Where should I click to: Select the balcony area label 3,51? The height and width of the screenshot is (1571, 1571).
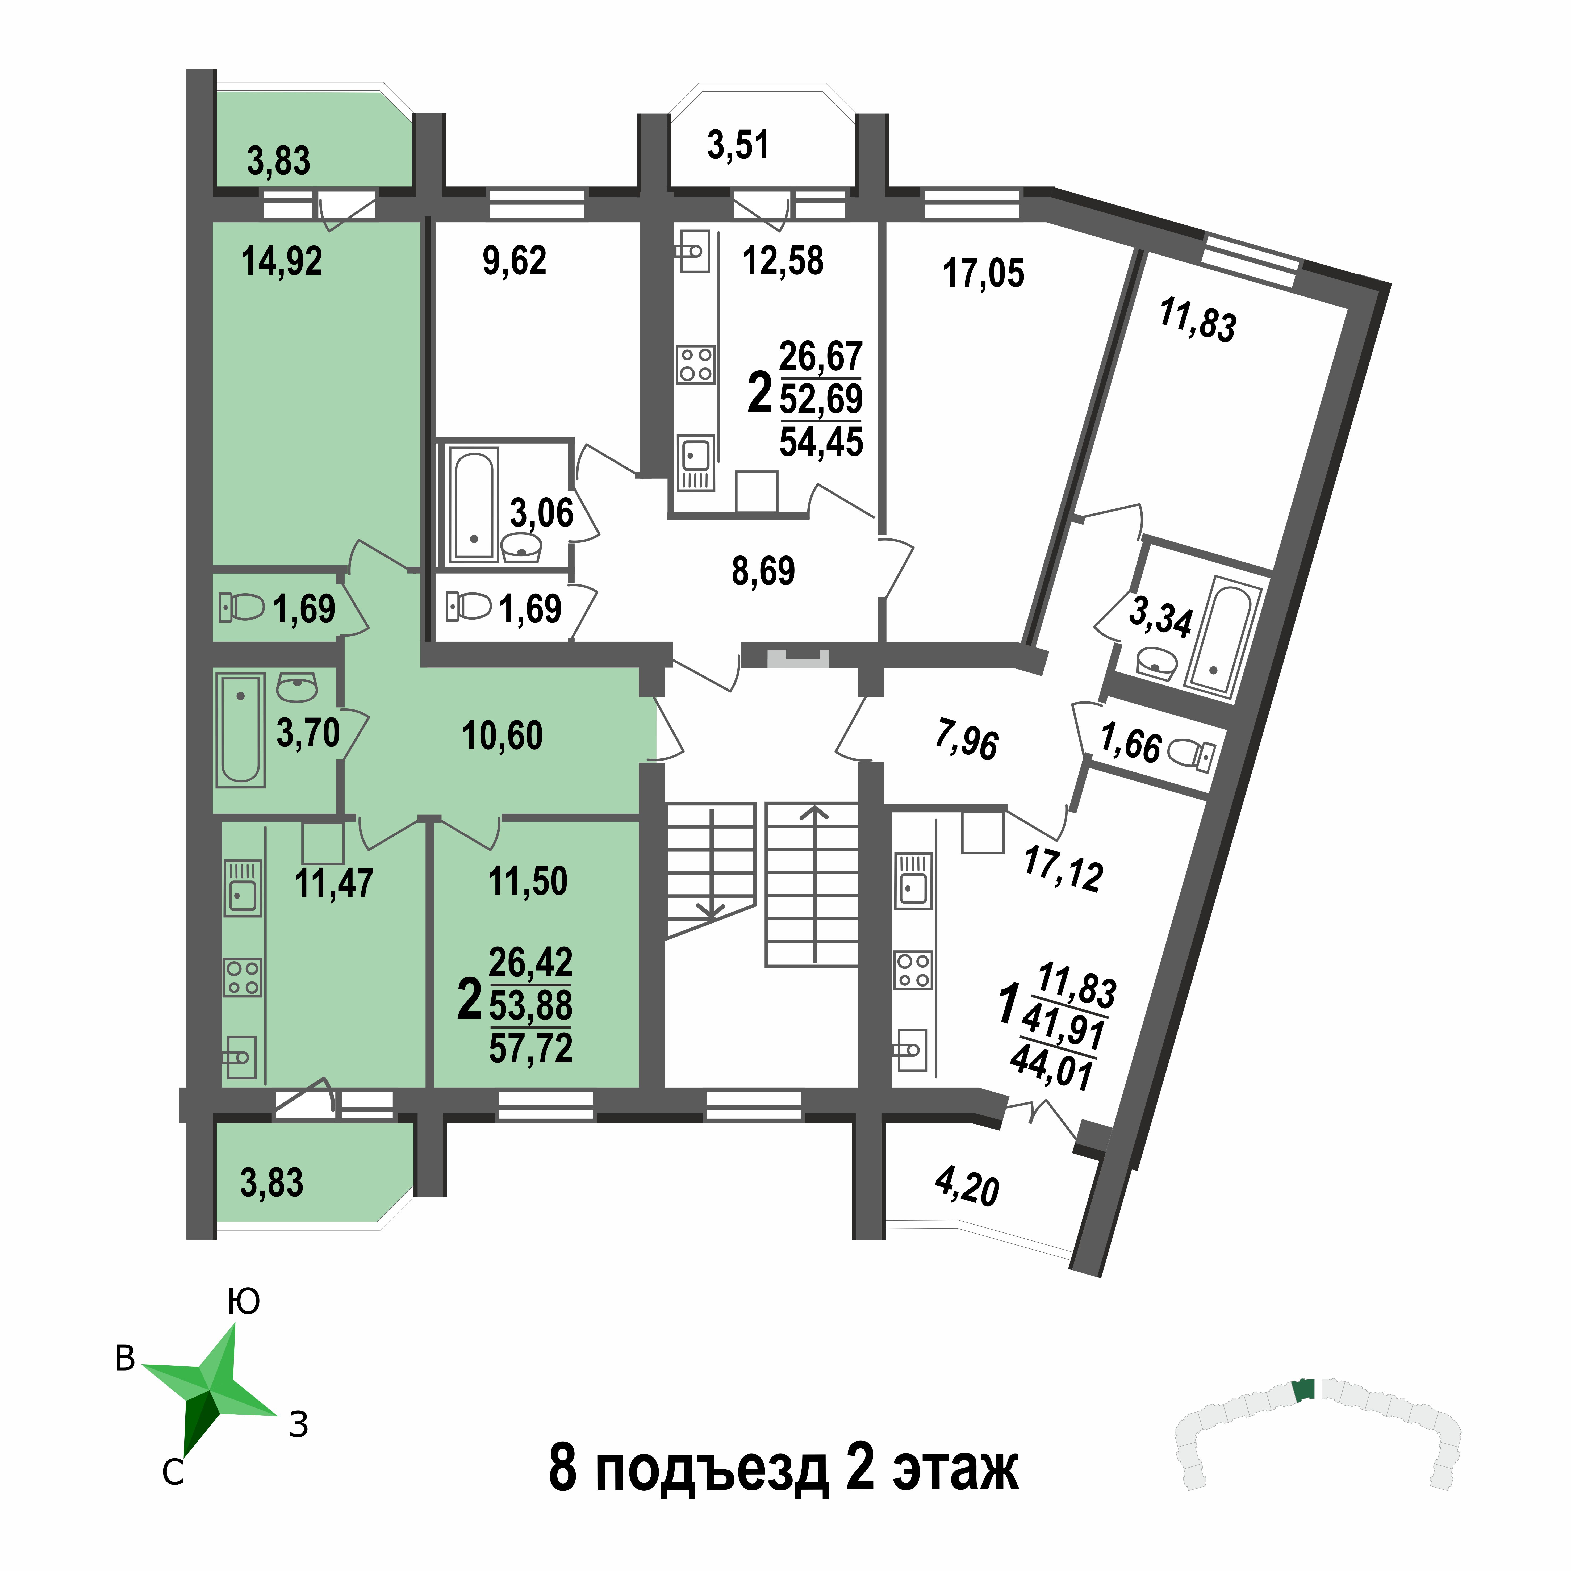click(x=738, y=145)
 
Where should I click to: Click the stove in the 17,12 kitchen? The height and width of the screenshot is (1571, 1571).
click(x=913, y=970)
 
